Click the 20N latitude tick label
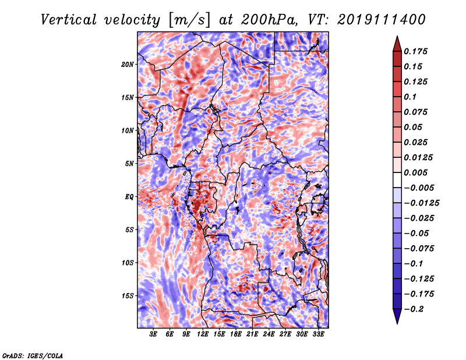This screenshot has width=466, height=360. pos(128,65)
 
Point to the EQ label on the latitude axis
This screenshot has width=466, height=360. pos(129,197)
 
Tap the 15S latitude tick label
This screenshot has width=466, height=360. pos(128,296)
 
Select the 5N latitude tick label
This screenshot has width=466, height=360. pos(129,164)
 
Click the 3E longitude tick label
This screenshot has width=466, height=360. pos(153,334)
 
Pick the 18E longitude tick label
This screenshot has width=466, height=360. pos(236,334)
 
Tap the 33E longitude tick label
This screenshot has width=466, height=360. pos(318,334)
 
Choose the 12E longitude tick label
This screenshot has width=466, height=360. pos(203,334)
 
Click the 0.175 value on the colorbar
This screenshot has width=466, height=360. pos(415,51)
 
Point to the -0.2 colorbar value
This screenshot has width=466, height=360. pos(414,309)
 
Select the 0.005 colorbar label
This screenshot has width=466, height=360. pos(415,172)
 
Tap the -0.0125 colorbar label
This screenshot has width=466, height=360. pos(421,203)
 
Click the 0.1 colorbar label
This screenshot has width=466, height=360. pos(410,97)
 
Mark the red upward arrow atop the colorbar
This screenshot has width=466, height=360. pos(397,44)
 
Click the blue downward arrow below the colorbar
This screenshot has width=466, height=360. pos(397,316)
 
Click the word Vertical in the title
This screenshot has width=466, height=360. pos(69,20)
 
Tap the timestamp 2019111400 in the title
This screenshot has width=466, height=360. pos(382,20)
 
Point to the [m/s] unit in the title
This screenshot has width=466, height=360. pos(189,20)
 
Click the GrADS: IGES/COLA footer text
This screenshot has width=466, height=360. pos(33,356)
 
